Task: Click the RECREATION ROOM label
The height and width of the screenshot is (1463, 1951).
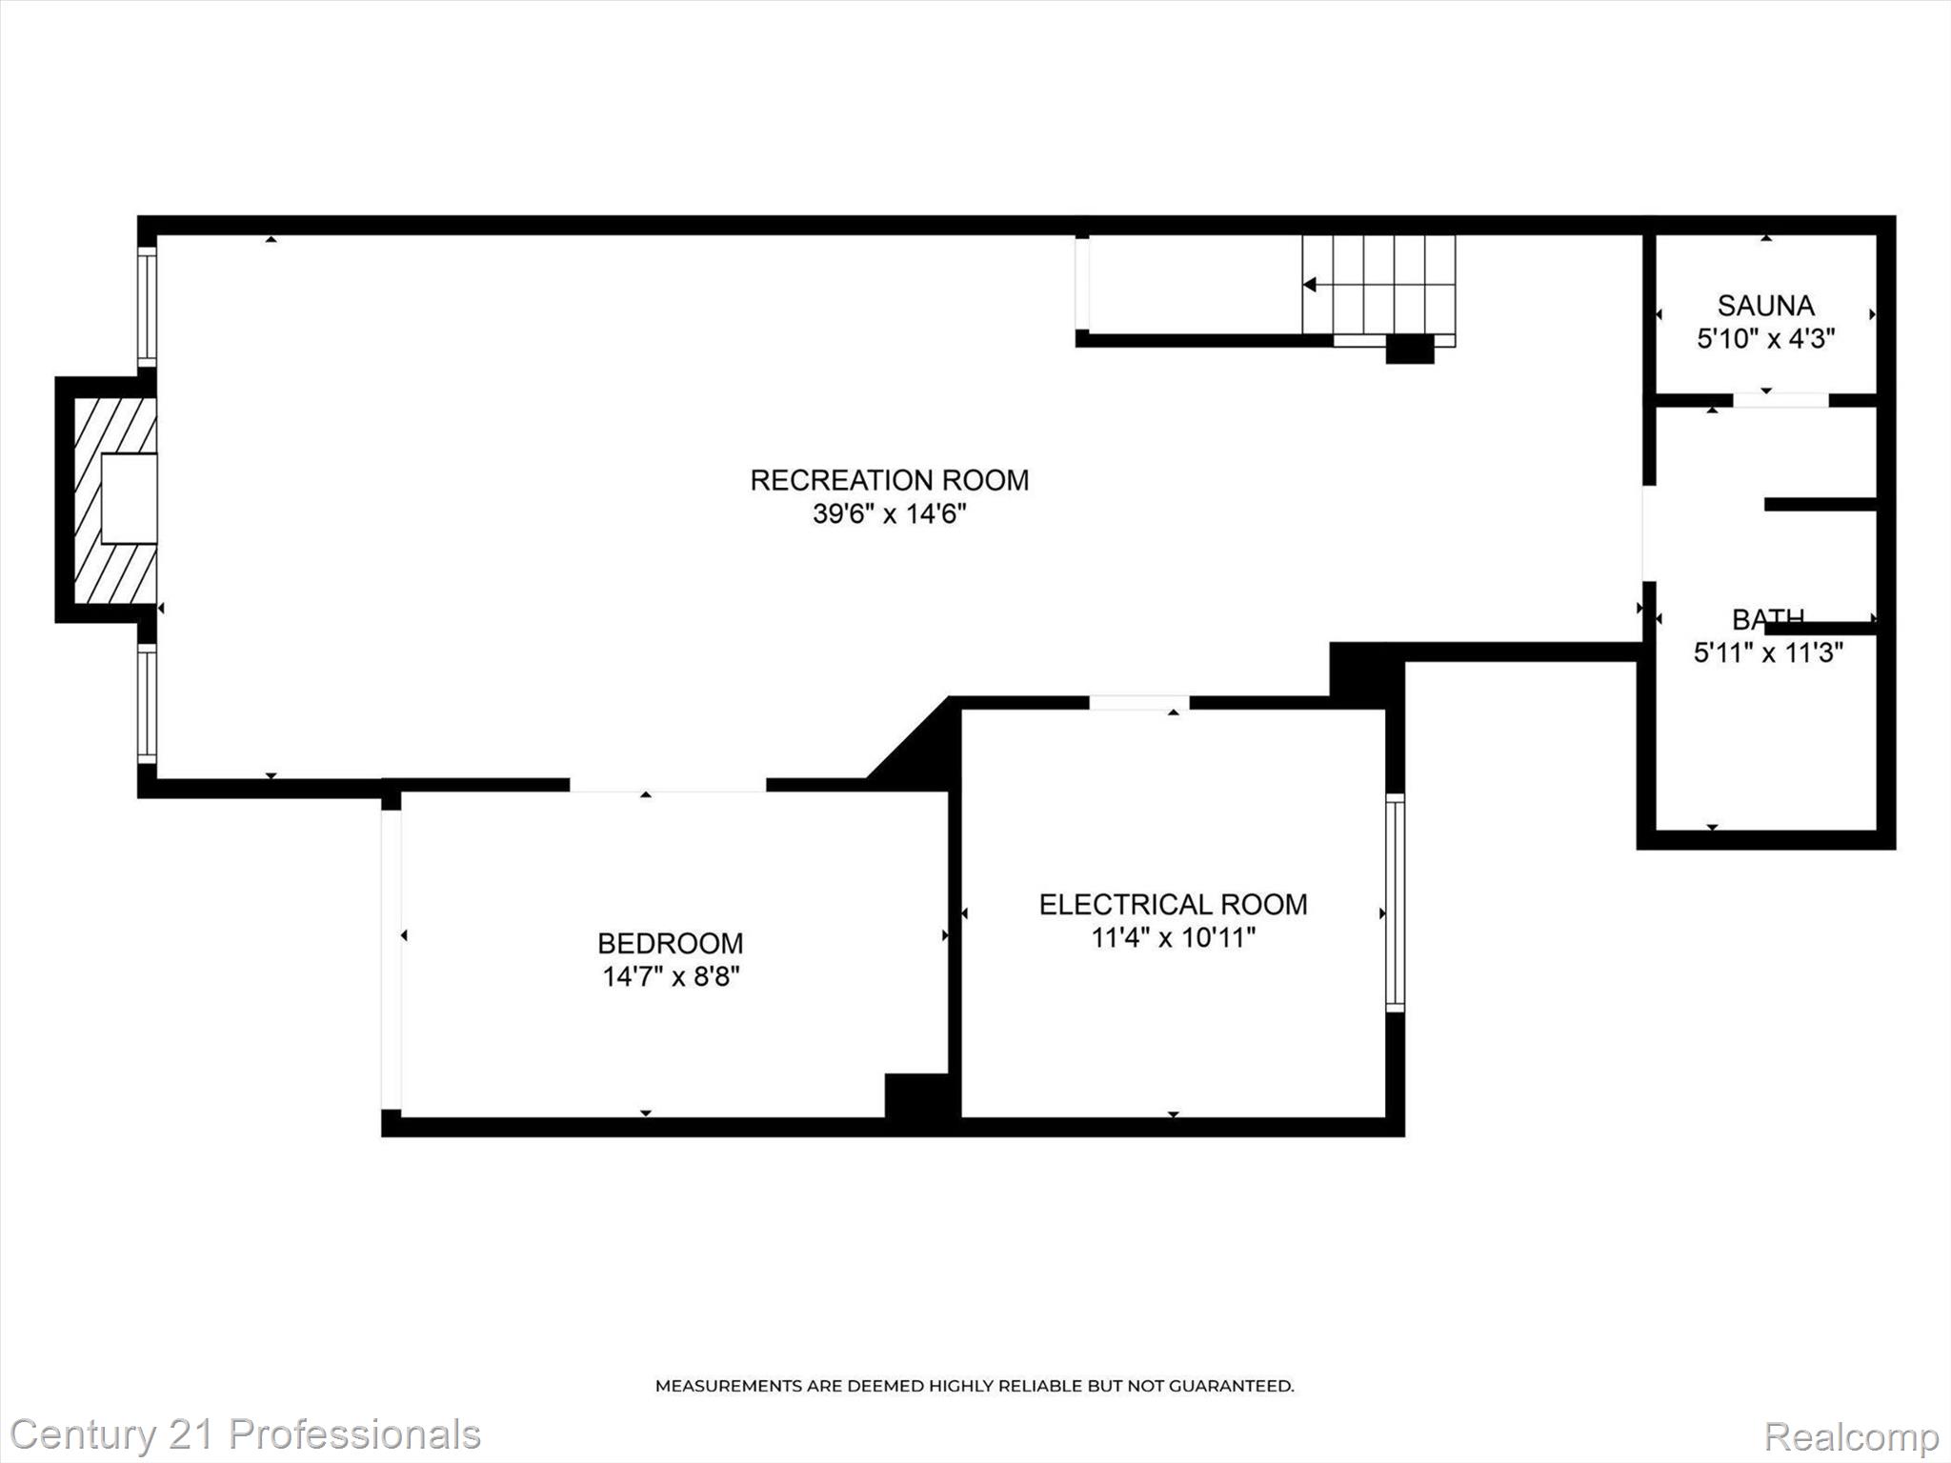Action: click(x=889, y=480)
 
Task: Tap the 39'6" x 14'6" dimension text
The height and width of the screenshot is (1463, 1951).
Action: click(x=889, y=514)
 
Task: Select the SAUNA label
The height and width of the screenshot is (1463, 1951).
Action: click(x=1765, y=306)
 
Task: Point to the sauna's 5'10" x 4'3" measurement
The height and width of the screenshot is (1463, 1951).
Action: click(x=1765, y=338)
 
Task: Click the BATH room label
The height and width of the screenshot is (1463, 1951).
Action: click(x=1767, y=620)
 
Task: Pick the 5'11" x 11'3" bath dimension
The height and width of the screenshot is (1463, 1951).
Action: click(x=1768, y=653)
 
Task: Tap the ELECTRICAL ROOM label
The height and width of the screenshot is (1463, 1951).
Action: click(x=1173, y=905)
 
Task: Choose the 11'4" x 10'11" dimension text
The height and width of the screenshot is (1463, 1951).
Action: click(x=1173, y=938)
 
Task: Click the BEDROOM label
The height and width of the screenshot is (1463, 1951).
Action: click(x=670, y=944)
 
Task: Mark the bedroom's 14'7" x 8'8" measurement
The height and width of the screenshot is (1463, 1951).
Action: click(x=671, y=977)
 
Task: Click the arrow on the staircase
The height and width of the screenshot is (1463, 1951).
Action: click(x=1311, y=284)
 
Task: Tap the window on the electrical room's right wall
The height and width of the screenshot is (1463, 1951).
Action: click(x=1395, y=902)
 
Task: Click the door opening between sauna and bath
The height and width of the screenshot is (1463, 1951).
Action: click(x=1780, y=400)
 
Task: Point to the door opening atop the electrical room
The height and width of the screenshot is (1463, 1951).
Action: click(x=1139, y=703)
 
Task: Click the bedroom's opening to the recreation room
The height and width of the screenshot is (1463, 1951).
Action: click(x=668, y=785)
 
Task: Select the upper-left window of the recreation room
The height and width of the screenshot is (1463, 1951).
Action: click(x=147, y=306)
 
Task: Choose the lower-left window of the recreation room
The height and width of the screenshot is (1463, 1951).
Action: click(x=147, y=704)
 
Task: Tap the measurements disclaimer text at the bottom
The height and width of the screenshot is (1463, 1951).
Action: click(x=974, y=1386)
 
